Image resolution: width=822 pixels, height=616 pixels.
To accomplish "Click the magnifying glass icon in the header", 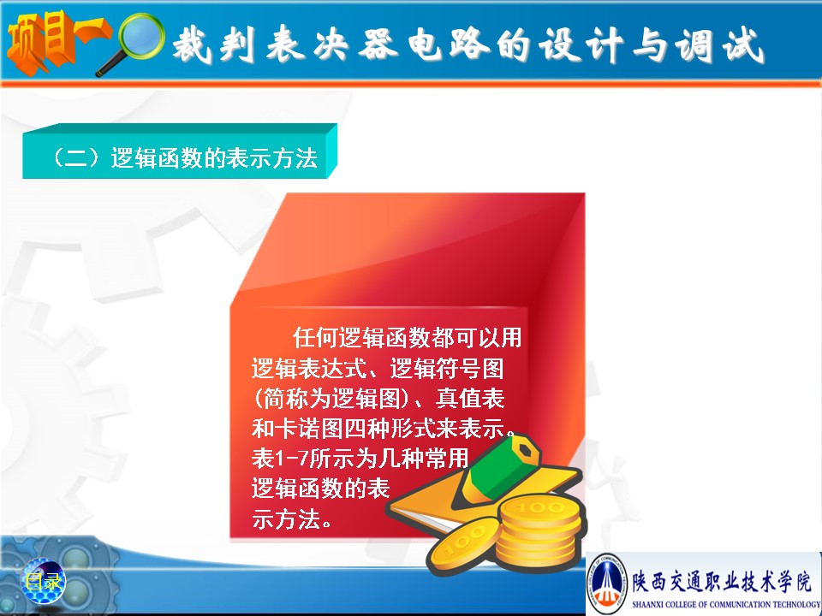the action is click(134, 41).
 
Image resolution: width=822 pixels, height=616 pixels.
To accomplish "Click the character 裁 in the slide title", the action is click(193, 44).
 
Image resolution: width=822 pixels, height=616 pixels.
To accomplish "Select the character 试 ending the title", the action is click(743, 45).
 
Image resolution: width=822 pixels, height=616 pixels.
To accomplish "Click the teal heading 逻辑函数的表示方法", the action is click(214, 157).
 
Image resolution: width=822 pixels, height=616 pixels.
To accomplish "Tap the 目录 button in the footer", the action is click(43, 581).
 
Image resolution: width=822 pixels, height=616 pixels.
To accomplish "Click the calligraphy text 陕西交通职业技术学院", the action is click(722, 582).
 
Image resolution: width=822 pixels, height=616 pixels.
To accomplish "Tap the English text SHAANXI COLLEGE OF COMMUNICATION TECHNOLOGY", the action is click(727, 605).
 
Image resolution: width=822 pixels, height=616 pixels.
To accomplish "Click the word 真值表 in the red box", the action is click(470, 398).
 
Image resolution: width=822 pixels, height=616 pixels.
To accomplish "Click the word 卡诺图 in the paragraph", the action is click(309, 429).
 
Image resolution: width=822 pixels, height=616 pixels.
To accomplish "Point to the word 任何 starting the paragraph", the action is click(315, 337).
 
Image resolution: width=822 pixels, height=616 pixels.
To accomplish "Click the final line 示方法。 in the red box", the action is click(291, 519).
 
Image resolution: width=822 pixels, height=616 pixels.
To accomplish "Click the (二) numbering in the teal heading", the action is click(76, 157).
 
